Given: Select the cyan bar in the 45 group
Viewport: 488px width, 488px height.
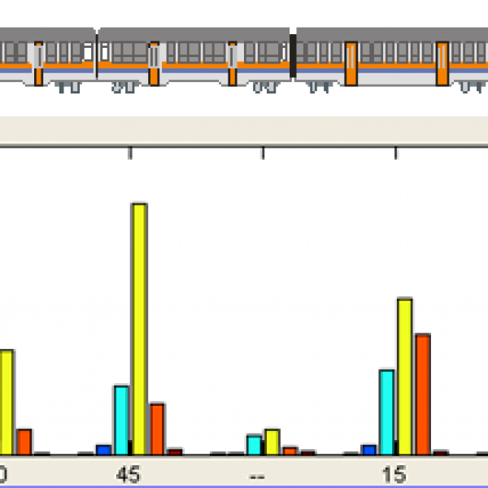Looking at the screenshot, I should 121,420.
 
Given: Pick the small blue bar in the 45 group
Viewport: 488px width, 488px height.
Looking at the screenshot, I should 103,449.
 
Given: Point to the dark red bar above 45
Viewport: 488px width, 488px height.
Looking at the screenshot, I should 175,451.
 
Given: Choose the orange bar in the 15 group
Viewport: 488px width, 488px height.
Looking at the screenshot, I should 422,394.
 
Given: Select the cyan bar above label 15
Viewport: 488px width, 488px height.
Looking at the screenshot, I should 387,412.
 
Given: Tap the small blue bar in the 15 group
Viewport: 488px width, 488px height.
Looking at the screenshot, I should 369,449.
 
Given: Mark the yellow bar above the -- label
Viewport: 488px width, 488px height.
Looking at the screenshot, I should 272,442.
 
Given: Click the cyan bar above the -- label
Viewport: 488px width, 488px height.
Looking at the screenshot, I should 255,445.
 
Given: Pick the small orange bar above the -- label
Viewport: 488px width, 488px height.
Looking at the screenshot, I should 290,451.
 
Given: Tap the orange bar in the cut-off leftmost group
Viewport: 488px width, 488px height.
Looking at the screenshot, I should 24,442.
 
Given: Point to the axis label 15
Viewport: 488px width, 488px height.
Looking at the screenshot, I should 394,473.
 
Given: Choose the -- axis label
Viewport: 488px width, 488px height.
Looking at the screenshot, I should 257,473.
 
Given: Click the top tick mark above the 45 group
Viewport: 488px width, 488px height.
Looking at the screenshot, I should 130,154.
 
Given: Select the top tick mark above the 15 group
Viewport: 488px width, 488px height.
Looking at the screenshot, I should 396,154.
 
